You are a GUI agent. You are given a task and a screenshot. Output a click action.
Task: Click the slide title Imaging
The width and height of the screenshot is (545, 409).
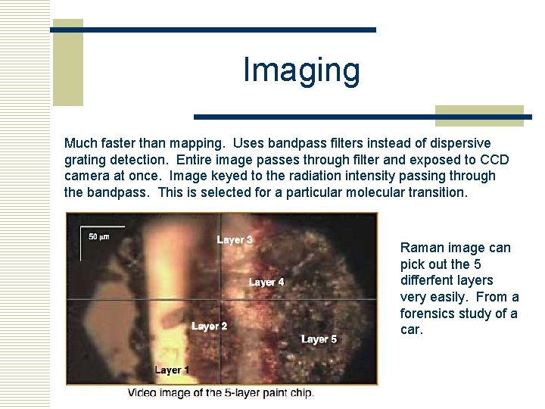pyautogui.click(x=301, y=70)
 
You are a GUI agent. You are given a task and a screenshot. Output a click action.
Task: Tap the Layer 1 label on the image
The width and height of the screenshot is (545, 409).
pyautogui.click(x=173, y=370)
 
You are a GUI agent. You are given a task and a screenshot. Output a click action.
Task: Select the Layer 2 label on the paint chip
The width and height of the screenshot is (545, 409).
pyautogui.click(x=210, y=326)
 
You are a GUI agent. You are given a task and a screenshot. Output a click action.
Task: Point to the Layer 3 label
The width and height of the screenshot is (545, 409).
pyautogui.click(x=235, y=240)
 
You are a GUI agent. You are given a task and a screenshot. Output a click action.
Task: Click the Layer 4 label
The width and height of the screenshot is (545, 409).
pyautogui.click(x=266, y=283)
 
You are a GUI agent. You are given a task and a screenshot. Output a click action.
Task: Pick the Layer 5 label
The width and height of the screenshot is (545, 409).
pyautogui.click(x=319, y=339)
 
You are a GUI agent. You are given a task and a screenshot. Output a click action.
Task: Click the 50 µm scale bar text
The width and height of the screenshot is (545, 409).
pyautogui.click(x=99, y=237)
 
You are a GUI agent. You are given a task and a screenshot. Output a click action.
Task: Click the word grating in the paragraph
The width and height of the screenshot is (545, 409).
pyautogui.click(x=86, y=160)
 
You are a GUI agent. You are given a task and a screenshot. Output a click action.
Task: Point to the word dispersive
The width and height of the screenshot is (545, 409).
pyautogui.click(x=461, y=143)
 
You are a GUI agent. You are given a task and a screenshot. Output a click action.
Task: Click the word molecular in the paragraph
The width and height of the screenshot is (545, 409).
pyautogui.click(x=375, y=192)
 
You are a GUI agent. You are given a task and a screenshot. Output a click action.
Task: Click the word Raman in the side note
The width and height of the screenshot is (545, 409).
pyautogui.click(x=421, y=248)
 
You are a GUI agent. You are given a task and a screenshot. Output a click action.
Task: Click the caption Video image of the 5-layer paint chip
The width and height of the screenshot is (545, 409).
pyautogui.click(x=220, y=393)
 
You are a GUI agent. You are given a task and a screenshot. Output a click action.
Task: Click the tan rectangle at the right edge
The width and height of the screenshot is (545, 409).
pyautogui.click(x=479, y=115)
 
